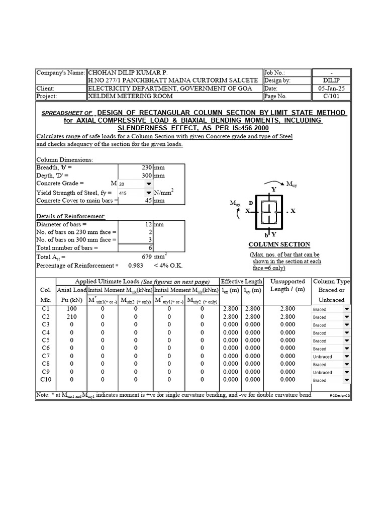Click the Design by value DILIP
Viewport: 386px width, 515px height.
tap(331, 80)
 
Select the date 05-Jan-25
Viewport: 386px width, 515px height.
tap(331, 88)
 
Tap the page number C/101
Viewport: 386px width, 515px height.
tap(331, 96)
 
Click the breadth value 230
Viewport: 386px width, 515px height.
tap(144, 167)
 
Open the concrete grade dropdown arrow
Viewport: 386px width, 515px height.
tap(148, 184)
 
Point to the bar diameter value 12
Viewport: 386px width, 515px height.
tap(148, 224)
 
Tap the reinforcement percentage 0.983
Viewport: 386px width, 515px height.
tap(135, 265)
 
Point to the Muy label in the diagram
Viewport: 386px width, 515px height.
tap(292, 185)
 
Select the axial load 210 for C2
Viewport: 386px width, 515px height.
tap(72, 317)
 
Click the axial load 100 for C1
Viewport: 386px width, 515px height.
tap(72, 309)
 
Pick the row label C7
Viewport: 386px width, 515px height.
tap(46, 356)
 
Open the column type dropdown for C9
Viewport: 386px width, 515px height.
tap(346, 372)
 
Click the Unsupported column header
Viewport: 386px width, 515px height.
tap(287, 281)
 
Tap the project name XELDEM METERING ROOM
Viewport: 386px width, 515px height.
tap(130, 96)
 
